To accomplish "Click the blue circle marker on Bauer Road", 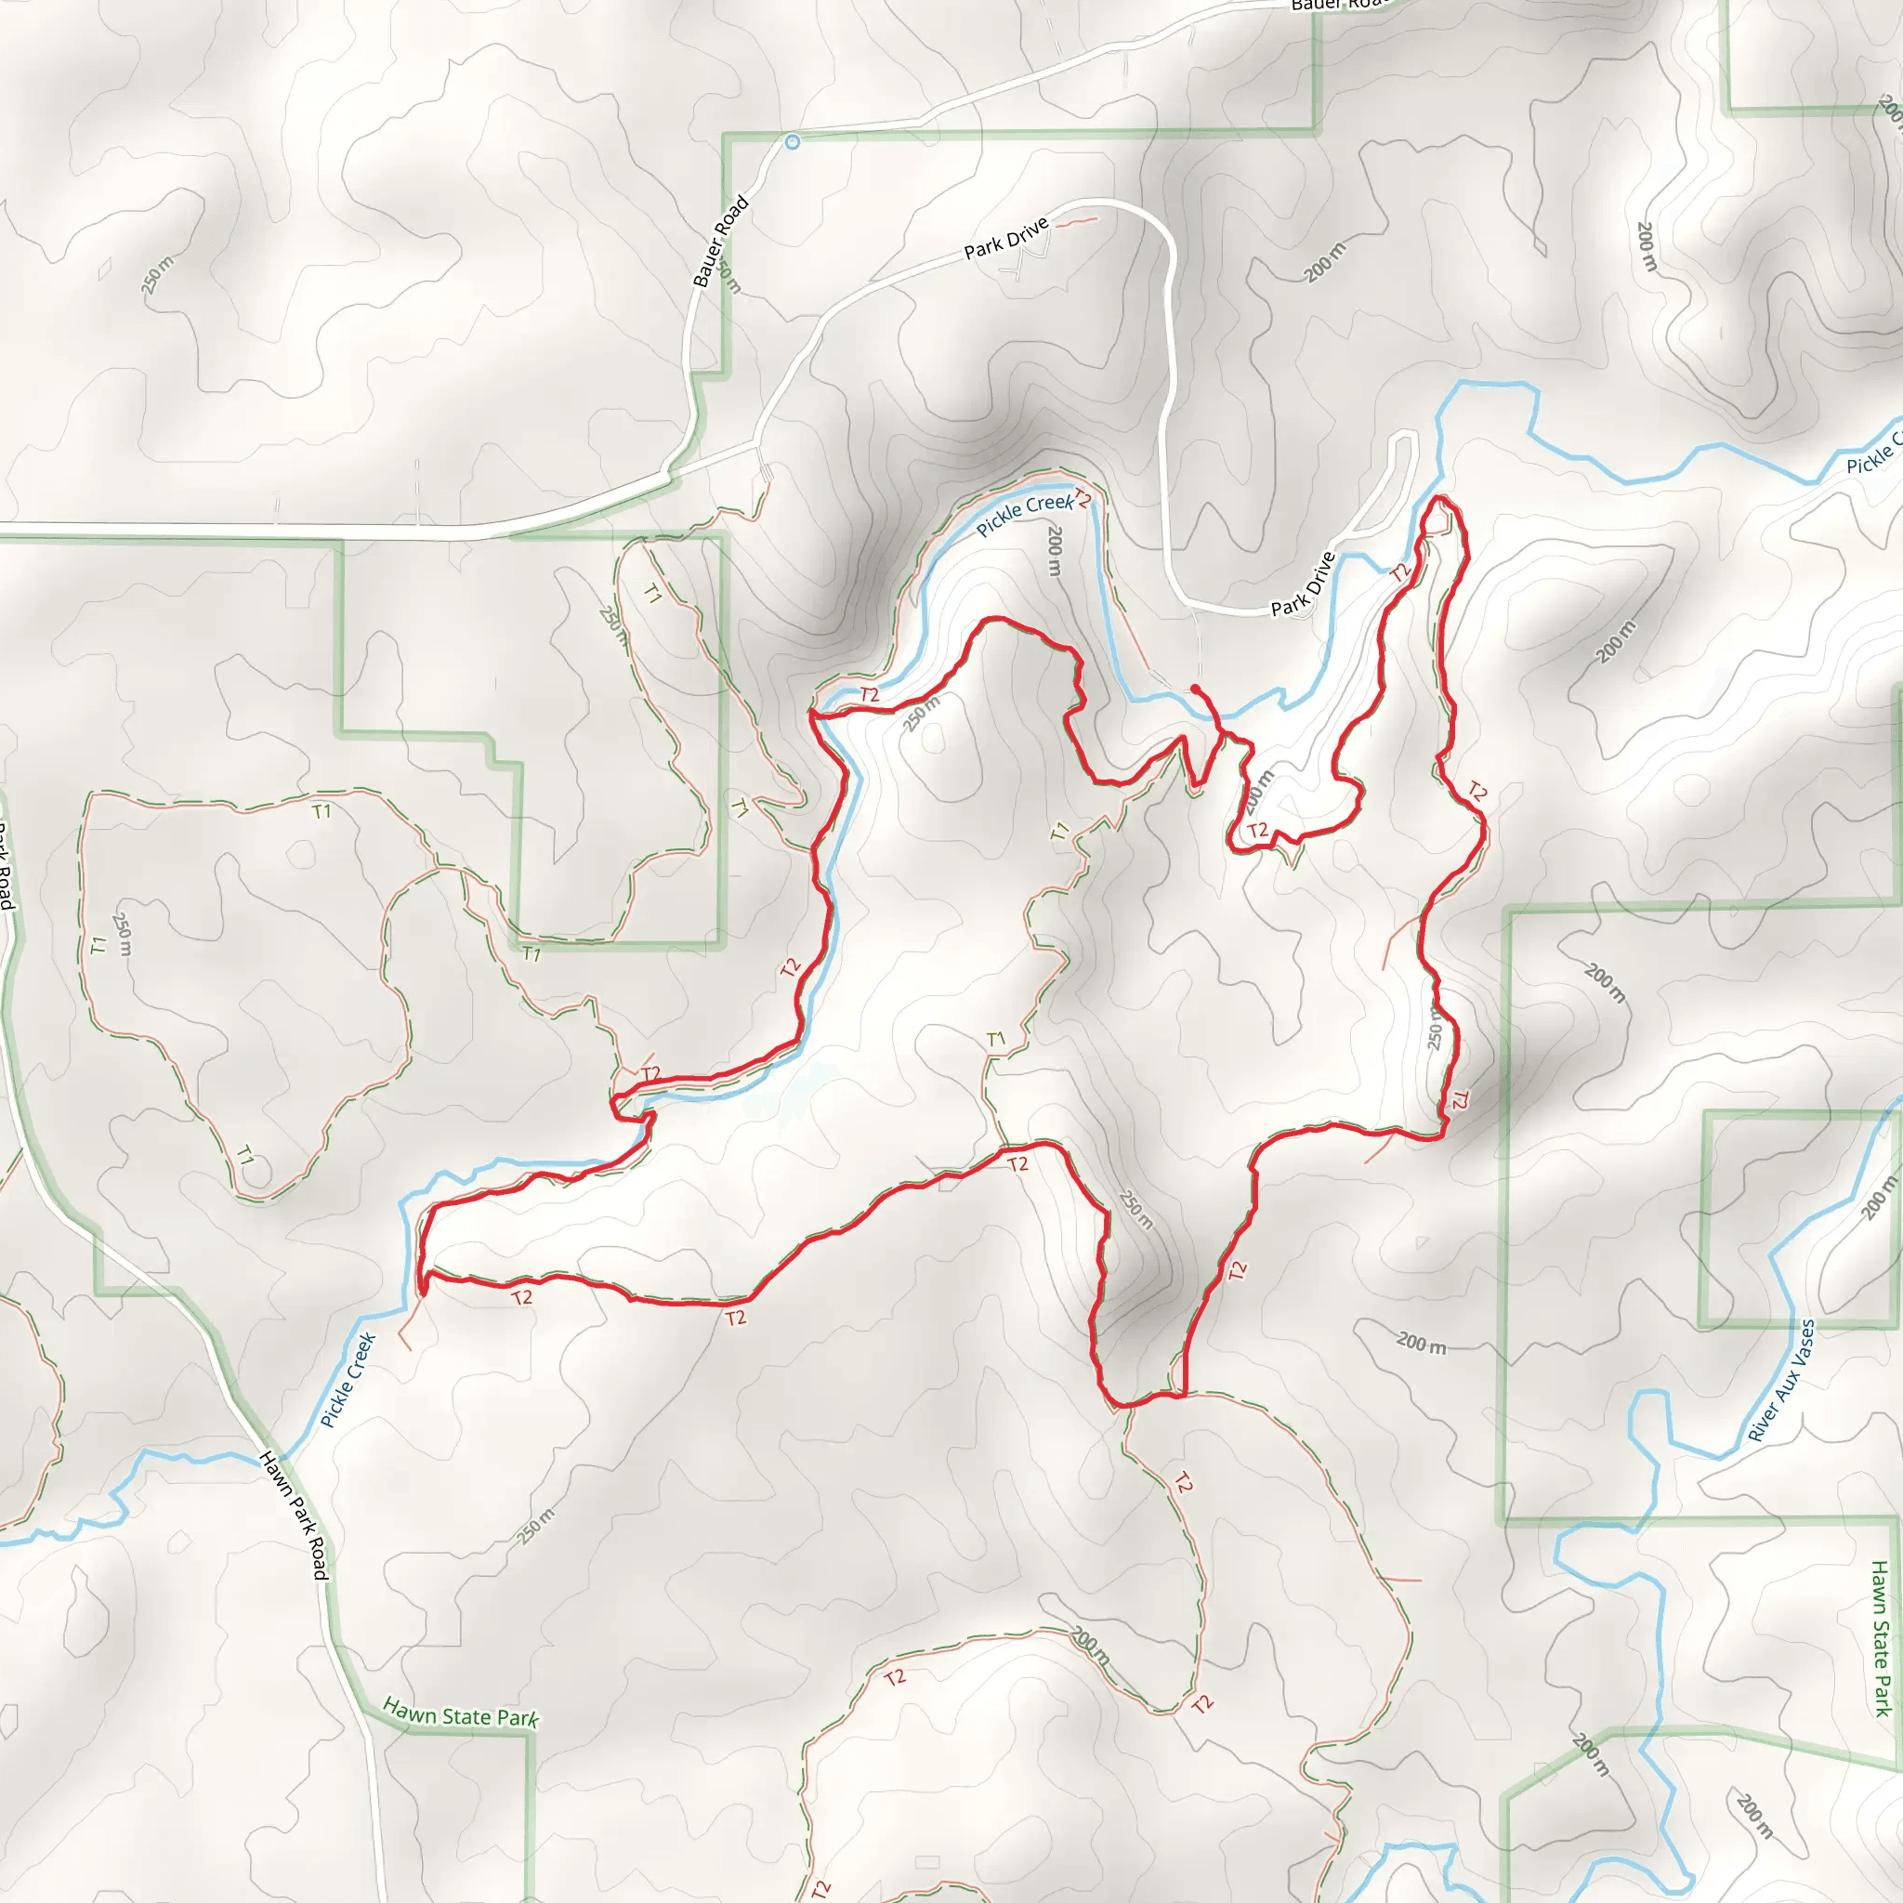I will tap(792, 142).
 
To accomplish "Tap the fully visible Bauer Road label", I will tap(720, 242).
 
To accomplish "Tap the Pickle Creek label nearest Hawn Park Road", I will tap(348, 1380).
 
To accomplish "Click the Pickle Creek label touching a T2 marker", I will tap(1023, 513).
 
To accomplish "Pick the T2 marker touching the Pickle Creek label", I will tap(1082, 498).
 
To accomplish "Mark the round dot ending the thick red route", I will tap(1195, 688).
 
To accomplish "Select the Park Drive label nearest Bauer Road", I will tap(1005, 240).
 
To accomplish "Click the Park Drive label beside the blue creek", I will tap(1302, 584).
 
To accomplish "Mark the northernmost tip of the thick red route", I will tap(1440, 498).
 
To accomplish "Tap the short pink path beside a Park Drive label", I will tap(1076, 223).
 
